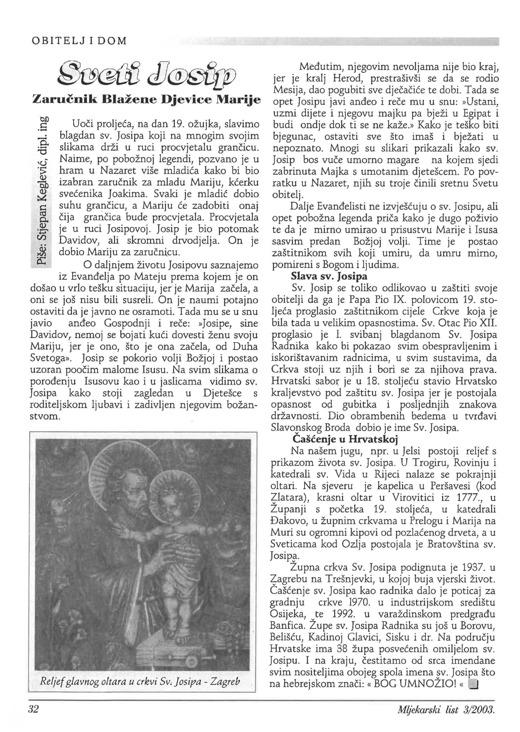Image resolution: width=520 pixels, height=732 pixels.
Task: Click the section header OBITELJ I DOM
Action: (x=79, y=41)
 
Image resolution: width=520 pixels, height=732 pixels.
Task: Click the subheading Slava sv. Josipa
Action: (x=329, y=276)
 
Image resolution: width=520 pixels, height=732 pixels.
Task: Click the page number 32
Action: (x=33, y=718)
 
